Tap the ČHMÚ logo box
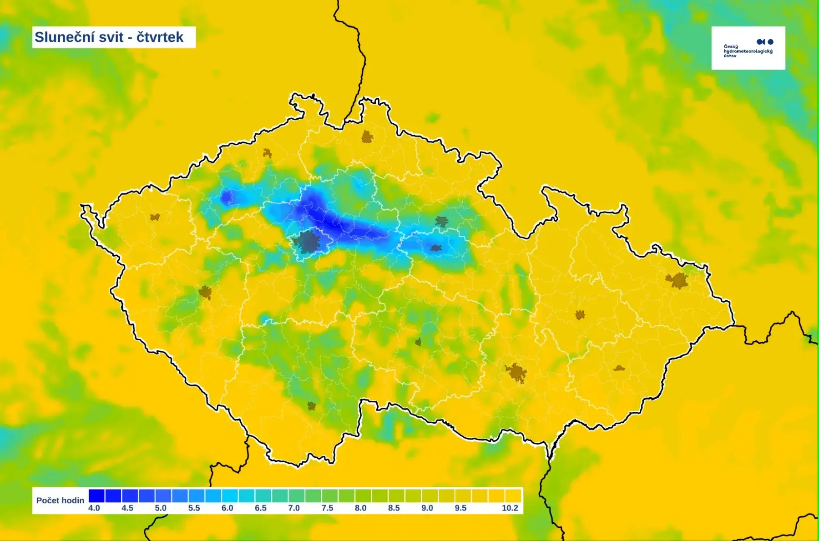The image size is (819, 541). pyautogui.click(x=748, y=48)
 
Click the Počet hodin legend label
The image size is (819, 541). pyautogui.click(x=60, y=501)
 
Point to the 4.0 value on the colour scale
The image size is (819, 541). pyautogui.click(x=94, y=508)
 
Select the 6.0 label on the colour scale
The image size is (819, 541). pyautogui.click(x=227, y=508)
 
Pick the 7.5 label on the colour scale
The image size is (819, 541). pyautogui.click(x=327, y=508)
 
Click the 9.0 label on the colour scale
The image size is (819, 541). pyautogui.click(x=427, y=508)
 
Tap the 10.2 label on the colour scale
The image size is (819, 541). pyautogui.click(x=510, y=508)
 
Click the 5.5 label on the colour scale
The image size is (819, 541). pyautogui.click(x=194, y=508)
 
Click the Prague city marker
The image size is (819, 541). pyautogui.click(x=308, y=242)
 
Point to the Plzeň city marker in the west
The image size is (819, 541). pyautogui.click(x=205, y=292)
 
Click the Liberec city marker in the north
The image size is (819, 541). pyautogui.click(x=367, y=137)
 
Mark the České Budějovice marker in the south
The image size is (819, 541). pyautogui.click(x=311, y=405)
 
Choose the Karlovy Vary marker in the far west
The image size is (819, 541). pyautogui.click(x=155, y=217)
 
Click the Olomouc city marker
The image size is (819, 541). pyautogui.click(x=580, y=315)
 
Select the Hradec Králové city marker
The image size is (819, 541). pyautogui.click(x=441, y=222)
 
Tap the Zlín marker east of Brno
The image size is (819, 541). pyautogui.click(x=619, y=369)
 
